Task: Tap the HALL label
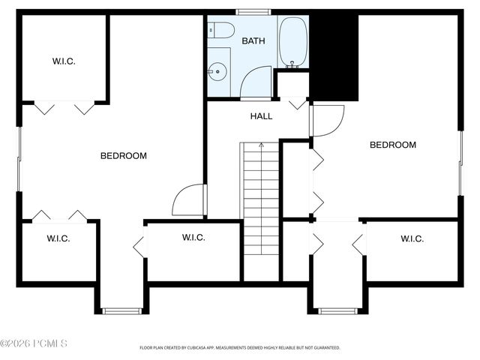pos(261,116)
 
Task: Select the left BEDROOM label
pos(124,156)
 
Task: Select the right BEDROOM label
pos(392,145)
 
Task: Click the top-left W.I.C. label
pos(64,61)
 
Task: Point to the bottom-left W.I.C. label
pos(58,238)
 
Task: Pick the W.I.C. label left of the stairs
pos(193,238)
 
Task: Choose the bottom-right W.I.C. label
pos(412,238)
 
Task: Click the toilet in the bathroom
pos(222,30)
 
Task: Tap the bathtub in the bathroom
pos(292,42)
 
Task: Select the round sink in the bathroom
pos(218,72)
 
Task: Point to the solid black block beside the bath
pos(334,57)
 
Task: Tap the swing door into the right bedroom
pos(327,121)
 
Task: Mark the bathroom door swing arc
pos(255,82)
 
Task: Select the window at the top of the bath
pos(253,12)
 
